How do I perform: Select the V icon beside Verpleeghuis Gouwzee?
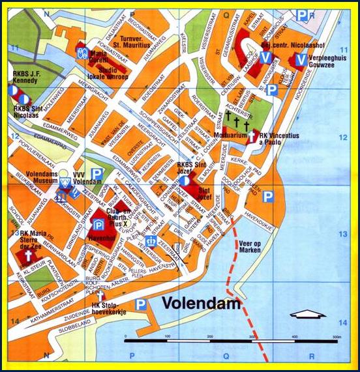[300, 60]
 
